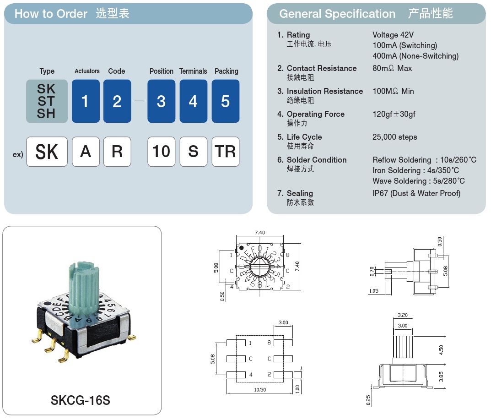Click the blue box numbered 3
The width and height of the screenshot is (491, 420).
pyautogui.click(x=161, y=101)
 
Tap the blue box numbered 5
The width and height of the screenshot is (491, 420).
pyautogui.click(x=225, y=101)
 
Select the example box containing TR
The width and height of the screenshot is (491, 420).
pyautogui.click(x=225, y=152)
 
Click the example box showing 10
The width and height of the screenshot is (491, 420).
pyautogui.click(x=161, y=152)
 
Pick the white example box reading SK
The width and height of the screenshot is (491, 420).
pyautogui.click(x=47, y=152)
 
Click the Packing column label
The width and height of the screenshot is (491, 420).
pyautogui.click(x=226, y=71)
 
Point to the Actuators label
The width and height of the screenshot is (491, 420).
pyautogui.click(x=87, y=71)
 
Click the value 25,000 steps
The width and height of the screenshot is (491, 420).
pyautogui.click(x=394, y=137)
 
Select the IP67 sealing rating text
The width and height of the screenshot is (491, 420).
pyautogui.click(x=416, y=193)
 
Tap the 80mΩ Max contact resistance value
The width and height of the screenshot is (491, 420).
pyautogui.click(x=392, y=68)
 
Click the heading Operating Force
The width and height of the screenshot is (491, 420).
pyautogui.click(x=315, y=114)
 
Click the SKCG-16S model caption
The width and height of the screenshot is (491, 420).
pyautogui.click(x=81, y=400)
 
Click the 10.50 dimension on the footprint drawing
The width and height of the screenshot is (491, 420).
pyautogui.click(x=259, y=389)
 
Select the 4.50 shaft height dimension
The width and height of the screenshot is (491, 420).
pyautogui.click(x=441, y=349)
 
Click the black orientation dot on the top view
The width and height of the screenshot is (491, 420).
pyautogui.click(x=242, y=248)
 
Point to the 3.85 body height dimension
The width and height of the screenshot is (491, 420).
pyautogui.click(x=441, y=376)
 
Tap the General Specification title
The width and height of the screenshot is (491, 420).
pyautogui.click(x=337, y=14)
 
